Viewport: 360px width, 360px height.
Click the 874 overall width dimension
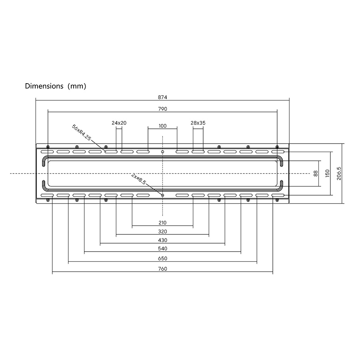click(162, 97)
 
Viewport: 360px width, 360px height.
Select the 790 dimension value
click(162, 109)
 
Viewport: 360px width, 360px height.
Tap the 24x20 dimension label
click(119, 123)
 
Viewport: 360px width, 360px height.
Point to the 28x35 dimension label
click(198, 123)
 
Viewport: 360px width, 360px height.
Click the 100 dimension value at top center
click(162, 126)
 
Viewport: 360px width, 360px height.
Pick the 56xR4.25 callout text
click(82, 132)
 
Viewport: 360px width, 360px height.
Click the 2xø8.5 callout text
click(138, 179)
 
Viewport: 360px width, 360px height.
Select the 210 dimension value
click(162, 223)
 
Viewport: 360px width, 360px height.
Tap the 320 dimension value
click(162, 232)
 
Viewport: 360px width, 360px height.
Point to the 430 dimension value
click(162, 240)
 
